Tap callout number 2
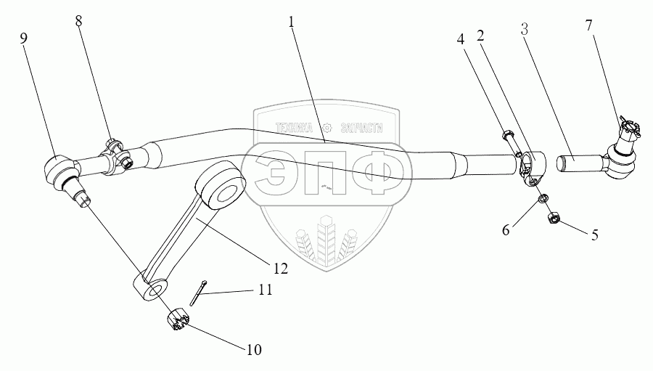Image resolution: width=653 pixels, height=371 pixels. pos(480,36)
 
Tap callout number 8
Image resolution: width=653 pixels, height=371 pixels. pos(78,22)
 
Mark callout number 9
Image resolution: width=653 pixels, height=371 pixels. pos(24,37)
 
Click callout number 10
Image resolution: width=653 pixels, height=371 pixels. pos(252,350)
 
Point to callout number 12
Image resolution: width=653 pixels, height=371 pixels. pos(280,269)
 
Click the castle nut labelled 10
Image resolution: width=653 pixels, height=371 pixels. pos(178,319)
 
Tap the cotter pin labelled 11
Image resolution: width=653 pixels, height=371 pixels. pos(200,293)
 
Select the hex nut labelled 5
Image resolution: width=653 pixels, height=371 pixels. pos(553,216)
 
